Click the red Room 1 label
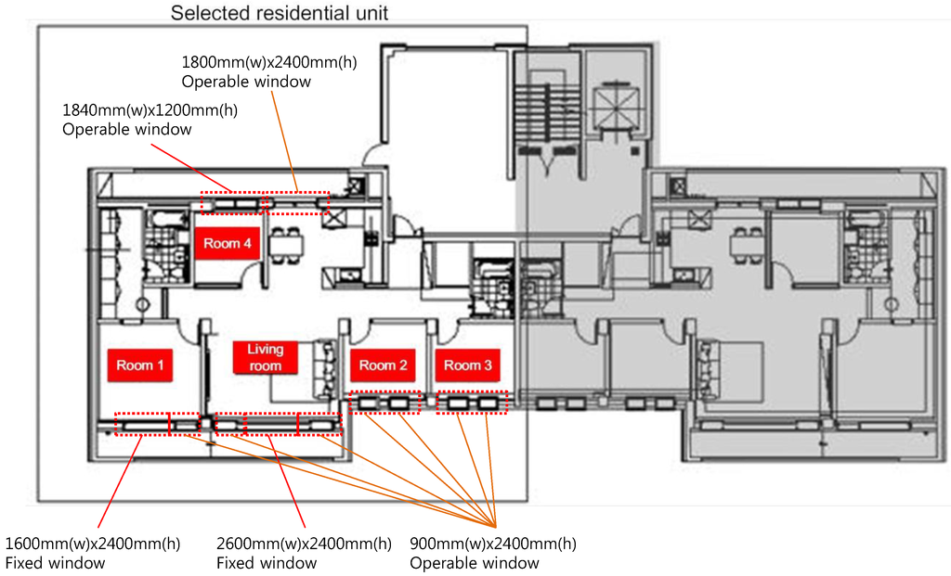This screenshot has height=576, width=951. click(x=140, y=365)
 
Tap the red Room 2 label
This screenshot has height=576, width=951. click(x=384, y=365)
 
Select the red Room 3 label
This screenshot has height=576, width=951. click(x=468, y=365)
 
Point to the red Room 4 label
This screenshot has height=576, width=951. click(x=228, y=244)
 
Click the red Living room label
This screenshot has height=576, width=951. click(x=265, y=357)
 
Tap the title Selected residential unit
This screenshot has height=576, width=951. click(x=280, y=14)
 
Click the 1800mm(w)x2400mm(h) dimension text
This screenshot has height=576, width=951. click(x=269, y=63)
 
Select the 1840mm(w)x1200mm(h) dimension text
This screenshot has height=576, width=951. click(x=150, y=110)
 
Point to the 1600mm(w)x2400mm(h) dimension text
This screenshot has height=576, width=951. click(x=93, y=544)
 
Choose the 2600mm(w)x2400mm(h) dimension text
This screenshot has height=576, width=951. click(x=304, y=544)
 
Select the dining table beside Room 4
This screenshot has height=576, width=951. click(x=287, y=243)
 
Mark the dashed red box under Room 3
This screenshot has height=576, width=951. click(x=473, y=403)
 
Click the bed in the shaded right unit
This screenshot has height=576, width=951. click(x=734, y=362)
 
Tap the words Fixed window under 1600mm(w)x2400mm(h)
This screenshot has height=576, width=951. click(x=55, y=563)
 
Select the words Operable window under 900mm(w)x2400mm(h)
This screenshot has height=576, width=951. click(x=475, y=563)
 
